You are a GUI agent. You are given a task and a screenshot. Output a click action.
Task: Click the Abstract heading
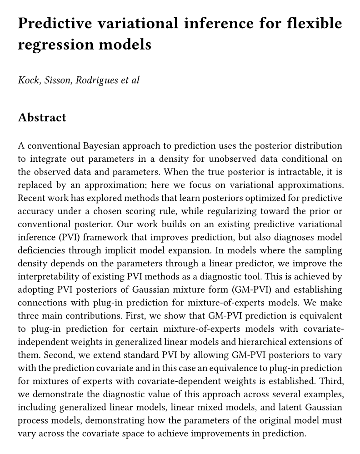coord(42,118)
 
